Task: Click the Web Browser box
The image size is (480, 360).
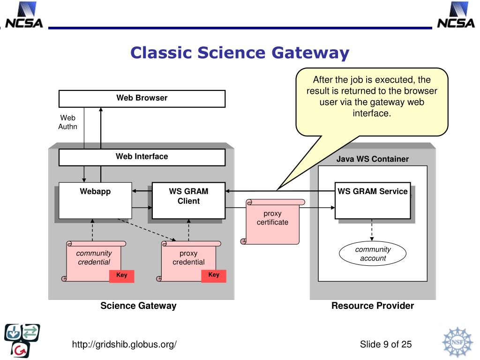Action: coord(142,98)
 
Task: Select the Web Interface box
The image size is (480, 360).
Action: coord(142,157)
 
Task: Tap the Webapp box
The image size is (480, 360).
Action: coord(95,201)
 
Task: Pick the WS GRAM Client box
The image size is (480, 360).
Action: coord(188,201)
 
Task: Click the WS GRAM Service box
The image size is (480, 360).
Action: coord(373,201)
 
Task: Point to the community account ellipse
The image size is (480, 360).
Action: coord(373,254)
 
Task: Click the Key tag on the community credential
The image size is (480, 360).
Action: coord(121,276)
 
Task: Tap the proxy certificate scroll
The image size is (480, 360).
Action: coord(272,221)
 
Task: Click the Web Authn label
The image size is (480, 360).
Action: coord(67,122)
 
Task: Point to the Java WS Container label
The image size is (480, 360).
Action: coord(373,159)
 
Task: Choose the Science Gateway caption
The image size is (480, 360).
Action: coord(138,306)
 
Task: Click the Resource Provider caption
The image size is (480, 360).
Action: coord(373,306)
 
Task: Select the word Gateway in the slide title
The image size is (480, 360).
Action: coord(310,53)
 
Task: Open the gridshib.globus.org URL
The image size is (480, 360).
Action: coord(124,345)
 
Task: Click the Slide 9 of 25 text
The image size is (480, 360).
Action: coord(386,345)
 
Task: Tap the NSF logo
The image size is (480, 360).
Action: coord(457,342)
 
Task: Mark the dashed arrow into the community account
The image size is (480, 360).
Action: coord(372,230)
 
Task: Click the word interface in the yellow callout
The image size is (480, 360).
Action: coord(372,113)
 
